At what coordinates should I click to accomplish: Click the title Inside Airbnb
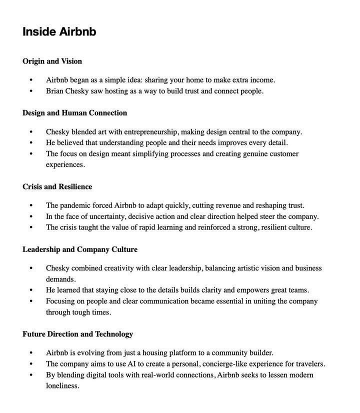coord(59,31)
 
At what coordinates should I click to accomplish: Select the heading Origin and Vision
coord(52,61)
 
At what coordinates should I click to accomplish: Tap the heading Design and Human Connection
coord(74,113)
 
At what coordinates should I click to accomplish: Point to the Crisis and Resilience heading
coord(57,187)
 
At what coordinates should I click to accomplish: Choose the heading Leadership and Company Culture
coord(79,249)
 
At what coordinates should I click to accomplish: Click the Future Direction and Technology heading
coord(77,334)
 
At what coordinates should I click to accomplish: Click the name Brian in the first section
coord(56,91)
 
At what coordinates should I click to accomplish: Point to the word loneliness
coord(62,386)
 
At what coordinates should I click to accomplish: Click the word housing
coord(159,353)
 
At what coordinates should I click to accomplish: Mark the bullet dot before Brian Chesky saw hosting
coord(32,91)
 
